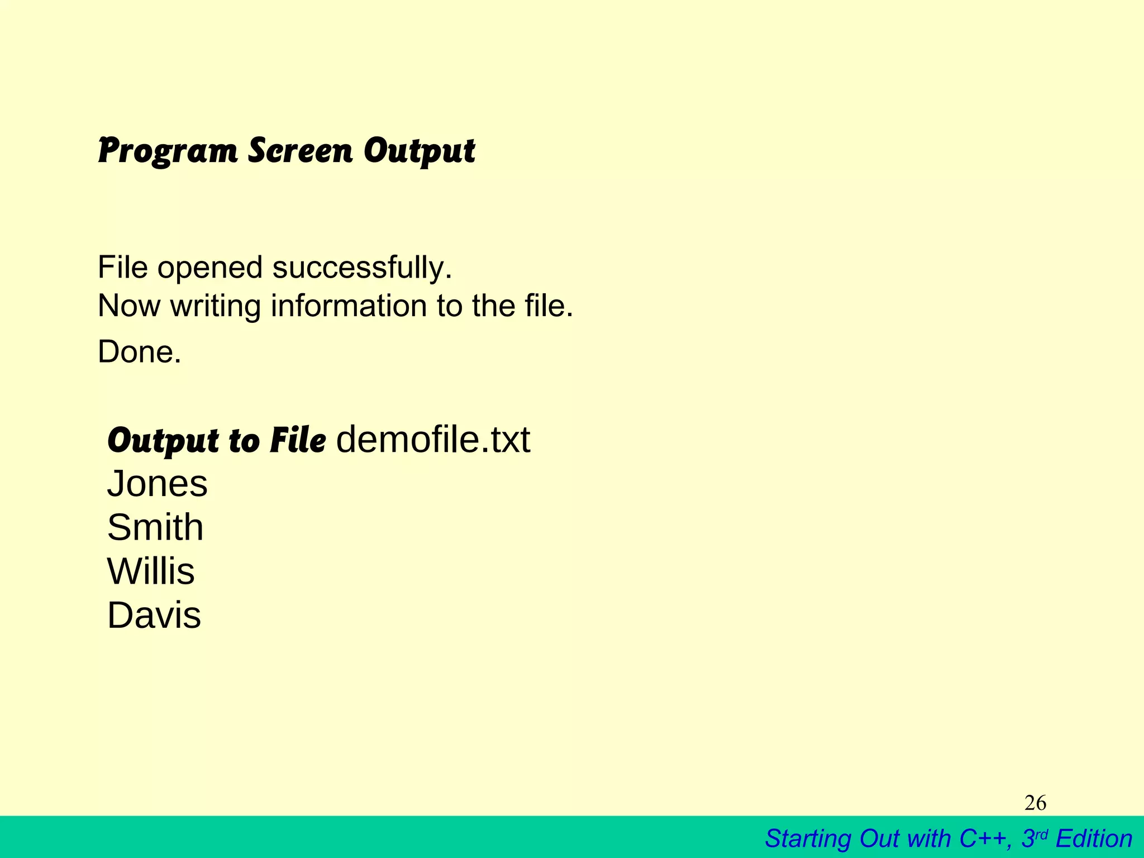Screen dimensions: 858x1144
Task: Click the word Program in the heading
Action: click(168, 151)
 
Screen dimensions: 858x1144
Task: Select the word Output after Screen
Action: click(419, 151)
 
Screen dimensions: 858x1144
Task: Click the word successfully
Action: click(362, 268)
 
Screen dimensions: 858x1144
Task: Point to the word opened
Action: click(210, 268)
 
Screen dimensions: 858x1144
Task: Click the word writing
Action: click(216, 307)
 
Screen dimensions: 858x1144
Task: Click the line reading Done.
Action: click(140, 352)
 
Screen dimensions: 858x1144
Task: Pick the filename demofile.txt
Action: click(433, 440)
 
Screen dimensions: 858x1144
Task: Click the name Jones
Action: click(157, 484)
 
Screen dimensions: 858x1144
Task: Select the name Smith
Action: click(155, 527)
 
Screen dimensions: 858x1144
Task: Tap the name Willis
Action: click(151, 571)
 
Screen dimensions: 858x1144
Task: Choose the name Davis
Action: click(154, 616)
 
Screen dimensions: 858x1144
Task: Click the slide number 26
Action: click(1035, 803)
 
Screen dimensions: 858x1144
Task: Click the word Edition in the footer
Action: click(1094, 838)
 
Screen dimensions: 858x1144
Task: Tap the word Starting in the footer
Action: click(808, 839)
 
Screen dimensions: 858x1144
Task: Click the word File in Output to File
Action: click(297, 441)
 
